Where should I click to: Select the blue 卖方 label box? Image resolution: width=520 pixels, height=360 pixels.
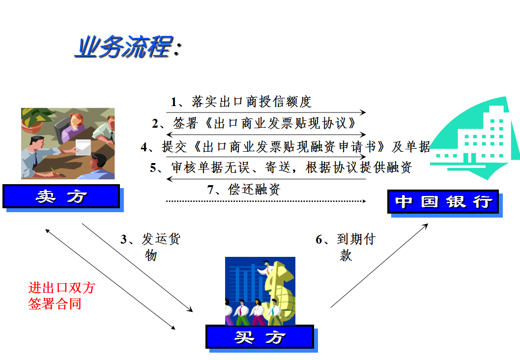pos(61,196)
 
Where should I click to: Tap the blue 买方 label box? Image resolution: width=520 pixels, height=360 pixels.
pos(260,337)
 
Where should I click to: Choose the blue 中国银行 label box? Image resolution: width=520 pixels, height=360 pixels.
pos(443,201)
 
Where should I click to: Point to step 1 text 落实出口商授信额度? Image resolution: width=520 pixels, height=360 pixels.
pos(241,102)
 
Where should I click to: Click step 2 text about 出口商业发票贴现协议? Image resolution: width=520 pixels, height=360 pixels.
pos(254,123)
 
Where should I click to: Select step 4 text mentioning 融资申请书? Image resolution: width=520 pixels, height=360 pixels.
pos(286,146)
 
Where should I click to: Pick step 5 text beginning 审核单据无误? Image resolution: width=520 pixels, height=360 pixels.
pos(281,167)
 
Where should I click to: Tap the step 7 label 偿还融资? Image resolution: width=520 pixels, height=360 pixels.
pos(244,189)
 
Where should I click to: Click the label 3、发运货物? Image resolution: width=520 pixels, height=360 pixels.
pos(150,247)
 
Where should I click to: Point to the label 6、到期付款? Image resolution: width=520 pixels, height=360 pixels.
pos(346,247)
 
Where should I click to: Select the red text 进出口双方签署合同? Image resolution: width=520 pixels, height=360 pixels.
pos(62,296)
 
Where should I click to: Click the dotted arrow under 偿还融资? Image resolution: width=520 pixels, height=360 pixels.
pos(266,201)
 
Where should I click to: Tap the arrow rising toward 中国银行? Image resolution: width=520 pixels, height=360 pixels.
pos(379,266)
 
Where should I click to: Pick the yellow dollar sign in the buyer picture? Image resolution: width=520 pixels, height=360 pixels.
pos(280,292)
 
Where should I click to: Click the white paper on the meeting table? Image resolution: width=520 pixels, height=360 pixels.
pos(83,147)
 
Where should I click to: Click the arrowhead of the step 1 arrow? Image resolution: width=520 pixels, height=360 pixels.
pos(364,112)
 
